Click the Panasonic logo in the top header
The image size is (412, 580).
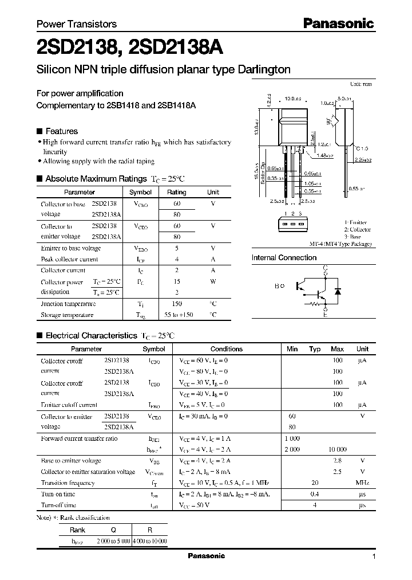pyautogui.click(x=338, y=23)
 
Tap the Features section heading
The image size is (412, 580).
pyautogui.click(x=61, y=131)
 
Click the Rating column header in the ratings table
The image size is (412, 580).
pyautogui.click(x=176, y=193)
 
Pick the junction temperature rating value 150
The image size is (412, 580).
pyautogui.click(x=176, y=304)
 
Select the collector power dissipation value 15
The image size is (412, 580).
pyautogui.click(x=176, y=281)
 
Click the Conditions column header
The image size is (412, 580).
pyautogui.click(x=226, y=348)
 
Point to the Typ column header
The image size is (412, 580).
pyautogui.click(x=315, y=348)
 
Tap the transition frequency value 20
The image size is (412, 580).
pyautogui.click(x=315, y=483)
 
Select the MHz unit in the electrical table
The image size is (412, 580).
pyautogui.click(x=362, y=483)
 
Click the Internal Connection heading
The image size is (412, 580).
pyautogui.click(x=284, y=258)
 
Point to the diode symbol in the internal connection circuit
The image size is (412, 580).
pyautogui.click(x=338, y=291)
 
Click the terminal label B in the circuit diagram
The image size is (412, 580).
pyautogui.click(x=276, y=285)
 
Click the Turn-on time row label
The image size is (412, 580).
pyautogui.click(x=58, y=494)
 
